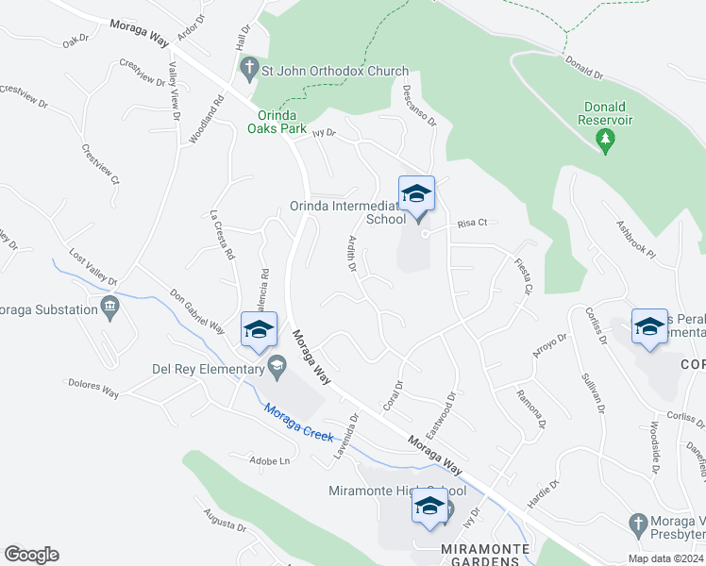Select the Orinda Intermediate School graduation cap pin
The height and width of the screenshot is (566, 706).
click(416, 195)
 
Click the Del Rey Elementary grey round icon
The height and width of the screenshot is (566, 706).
click(277, 366)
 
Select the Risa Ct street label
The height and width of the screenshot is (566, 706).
click(471, 224)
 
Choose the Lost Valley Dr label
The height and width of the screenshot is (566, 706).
click(92, 268)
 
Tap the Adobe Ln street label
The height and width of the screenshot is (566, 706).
click(269, 461)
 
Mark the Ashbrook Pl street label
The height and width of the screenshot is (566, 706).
click(635, 241)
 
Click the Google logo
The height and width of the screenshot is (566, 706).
click(31, 555)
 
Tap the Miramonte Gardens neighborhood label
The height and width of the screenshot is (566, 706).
click(489, 549)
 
